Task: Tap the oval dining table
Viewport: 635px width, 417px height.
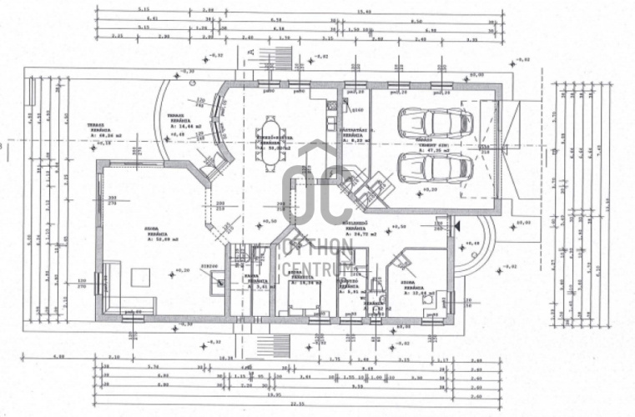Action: [x=272, y=131]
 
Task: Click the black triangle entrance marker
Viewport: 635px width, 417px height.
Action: [x=455, y=226]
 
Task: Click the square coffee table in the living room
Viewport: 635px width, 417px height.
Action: [x=136, y=275]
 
